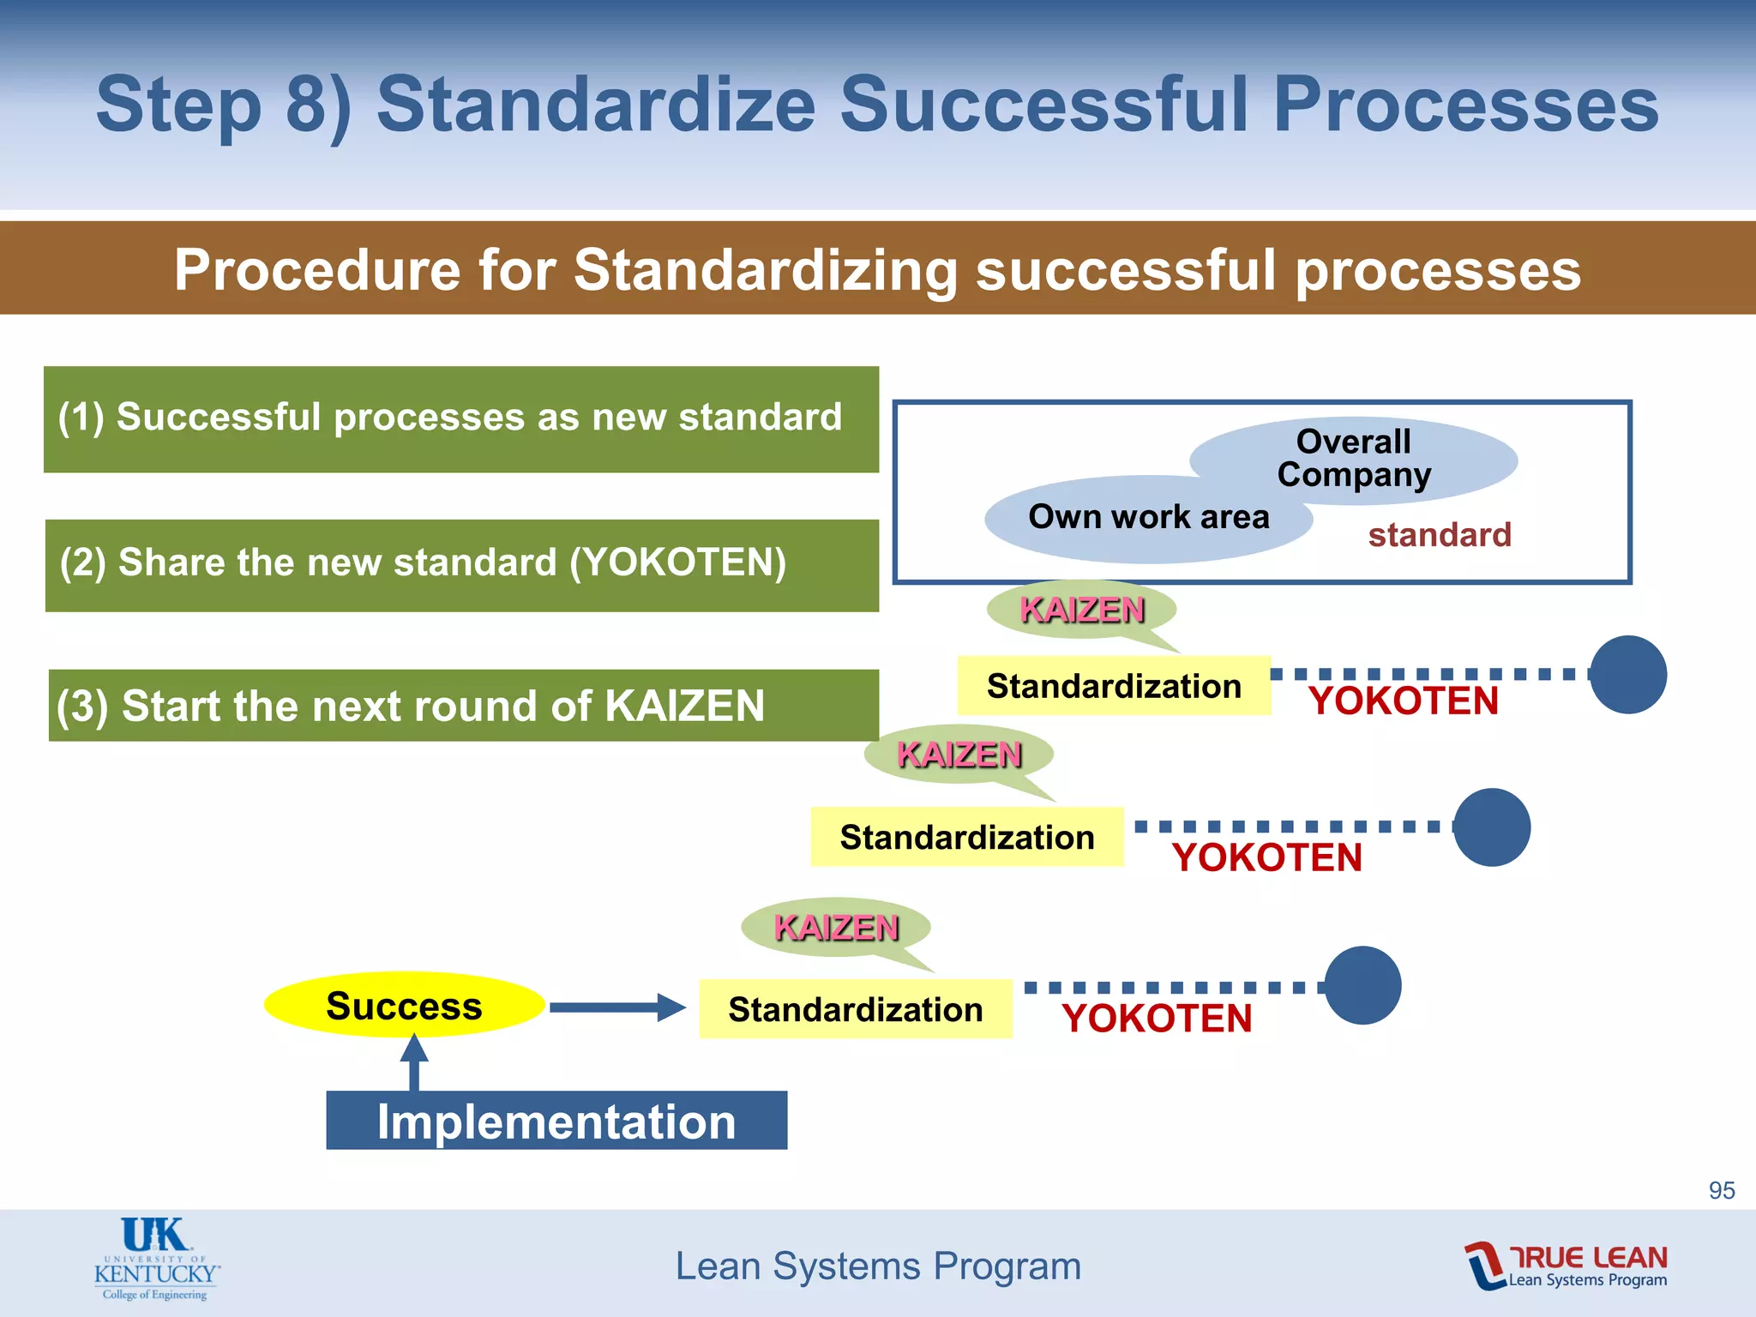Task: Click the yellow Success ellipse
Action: [404, 1005]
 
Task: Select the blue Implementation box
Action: [556, 1121]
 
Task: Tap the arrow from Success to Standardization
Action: [617, 1007]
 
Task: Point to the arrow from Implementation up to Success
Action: [414, 1063]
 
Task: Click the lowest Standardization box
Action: [855, 1009]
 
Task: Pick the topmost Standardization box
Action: [1113, 686]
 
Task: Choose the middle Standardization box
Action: [966, 837]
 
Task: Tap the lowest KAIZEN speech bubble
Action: [836, 928]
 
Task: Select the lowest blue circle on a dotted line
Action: [1362, 985]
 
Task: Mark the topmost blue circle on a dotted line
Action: [1627, 675]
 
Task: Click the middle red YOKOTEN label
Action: [1266, 857]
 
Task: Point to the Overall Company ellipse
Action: [1353, 459]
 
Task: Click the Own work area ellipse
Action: [1148, 518]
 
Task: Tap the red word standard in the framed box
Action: [1439, 535]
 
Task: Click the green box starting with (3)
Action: [463, 706]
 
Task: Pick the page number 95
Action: [1721, 1190]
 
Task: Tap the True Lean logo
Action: [1566, 1266]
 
